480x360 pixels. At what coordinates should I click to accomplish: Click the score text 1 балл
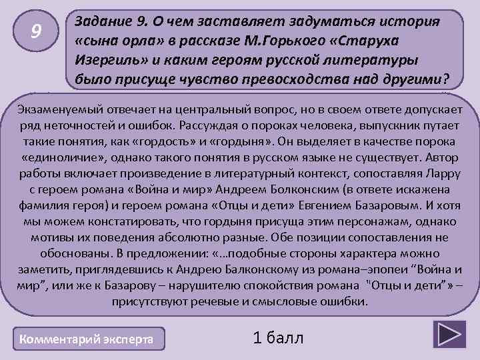point(278,338)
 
